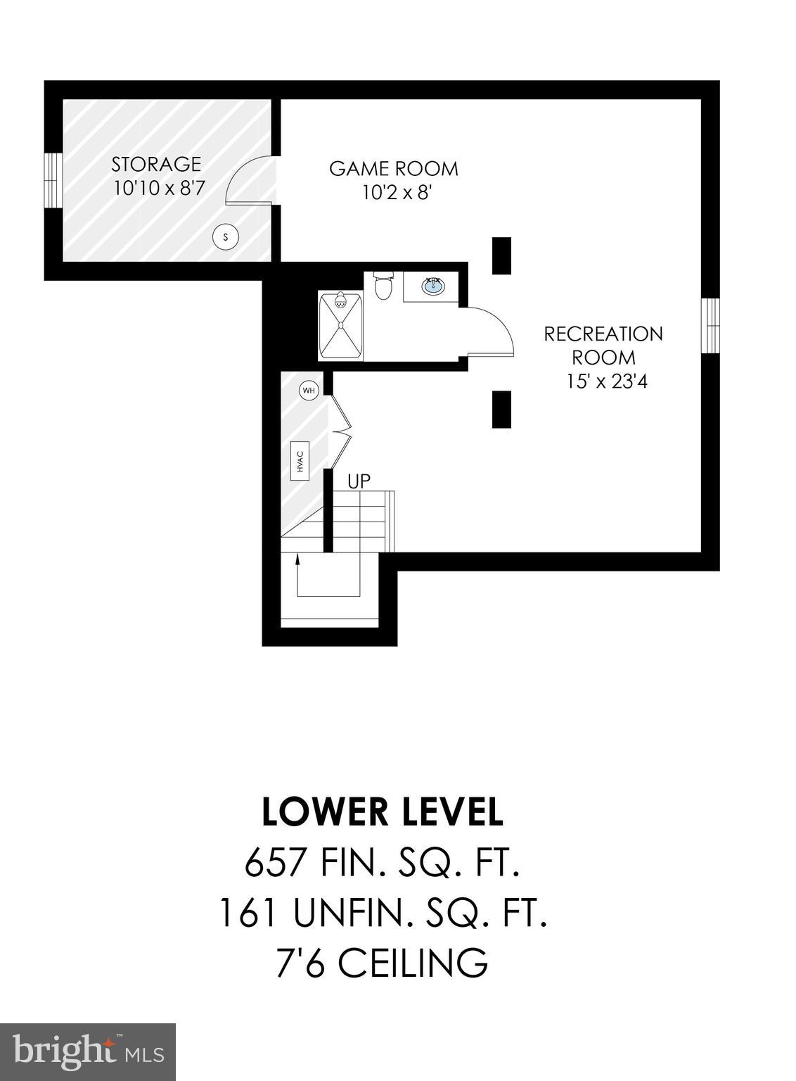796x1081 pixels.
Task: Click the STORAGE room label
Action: point(156,164)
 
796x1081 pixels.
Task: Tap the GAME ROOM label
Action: point(394,169)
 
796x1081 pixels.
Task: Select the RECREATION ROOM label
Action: point(603,345)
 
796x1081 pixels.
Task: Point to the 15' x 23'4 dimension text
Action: point(607,381)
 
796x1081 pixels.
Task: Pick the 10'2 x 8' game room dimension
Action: point(396,193)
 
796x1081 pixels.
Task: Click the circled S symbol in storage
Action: point(226,237)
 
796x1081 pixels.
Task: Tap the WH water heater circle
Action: point(308,390)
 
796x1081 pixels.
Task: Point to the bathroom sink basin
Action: point(433,286)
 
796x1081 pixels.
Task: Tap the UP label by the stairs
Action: point(359,481)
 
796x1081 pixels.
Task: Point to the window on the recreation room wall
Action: point(711,324)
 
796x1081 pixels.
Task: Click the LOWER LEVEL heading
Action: point(383,812)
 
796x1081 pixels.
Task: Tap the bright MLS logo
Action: point(88,1051)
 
